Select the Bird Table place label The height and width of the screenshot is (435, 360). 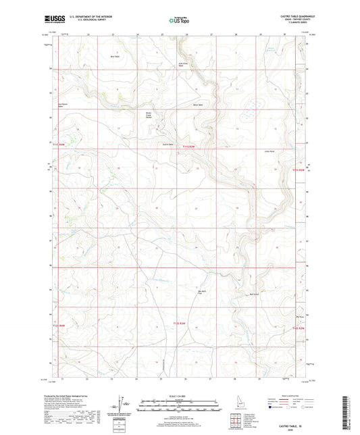(115, 57)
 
